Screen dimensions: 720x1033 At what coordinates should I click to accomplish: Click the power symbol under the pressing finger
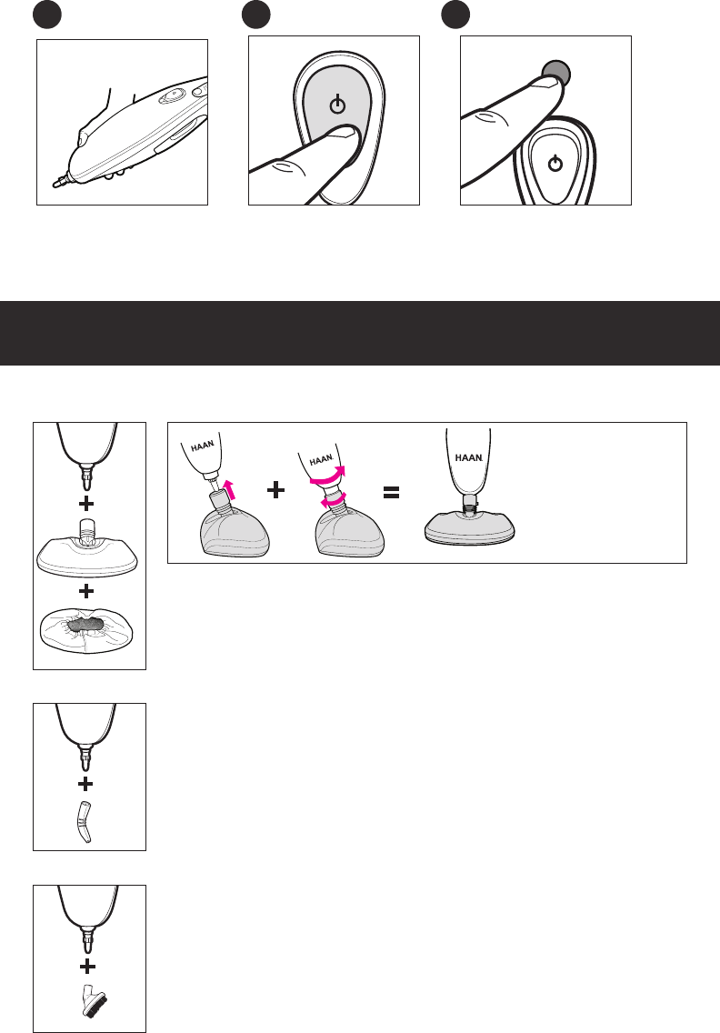[x=337, y=104]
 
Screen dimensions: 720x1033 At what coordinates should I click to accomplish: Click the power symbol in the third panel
[x=555, y=163]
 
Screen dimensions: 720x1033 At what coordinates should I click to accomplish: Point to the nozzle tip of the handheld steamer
[x=56, y=184]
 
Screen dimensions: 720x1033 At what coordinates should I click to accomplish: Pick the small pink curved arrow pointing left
[x=334, y=502]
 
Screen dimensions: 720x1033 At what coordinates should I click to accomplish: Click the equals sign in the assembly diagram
[x=391, y=492]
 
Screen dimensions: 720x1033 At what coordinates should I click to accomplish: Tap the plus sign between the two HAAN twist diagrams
[x=276, y=490]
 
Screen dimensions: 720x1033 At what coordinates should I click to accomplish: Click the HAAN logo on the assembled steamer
[x=468, y=457]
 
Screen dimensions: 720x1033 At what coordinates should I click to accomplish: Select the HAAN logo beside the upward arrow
[x=202, y=446]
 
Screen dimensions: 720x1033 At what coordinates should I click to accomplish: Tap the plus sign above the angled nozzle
[x=85, y=785]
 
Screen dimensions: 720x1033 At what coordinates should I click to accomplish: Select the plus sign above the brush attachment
[x=87, y=967]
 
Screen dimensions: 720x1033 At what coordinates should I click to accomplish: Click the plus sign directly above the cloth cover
[x=86, y=591]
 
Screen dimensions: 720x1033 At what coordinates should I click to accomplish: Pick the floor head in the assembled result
[x=470, y=527]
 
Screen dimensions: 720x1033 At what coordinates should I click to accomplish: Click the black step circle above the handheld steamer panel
[x=46, y=15]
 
